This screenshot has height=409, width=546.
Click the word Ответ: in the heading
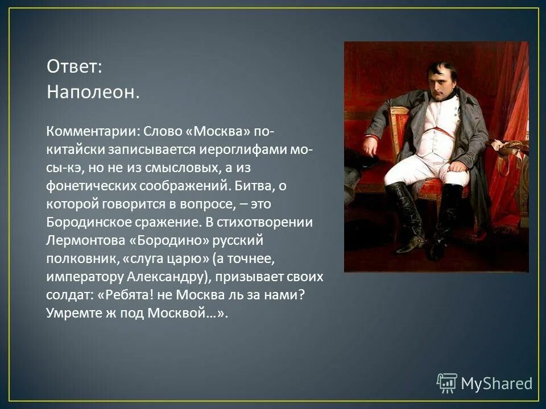[74, 66]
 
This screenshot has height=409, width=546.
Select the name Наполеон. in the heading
[93, 91]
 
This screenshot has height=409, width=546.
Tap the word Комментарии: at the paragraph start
[90, 131]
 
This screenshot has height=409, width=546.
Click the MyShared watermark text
[496, 383]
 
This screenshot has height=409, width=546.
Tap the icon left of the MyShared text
[447, 383]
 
